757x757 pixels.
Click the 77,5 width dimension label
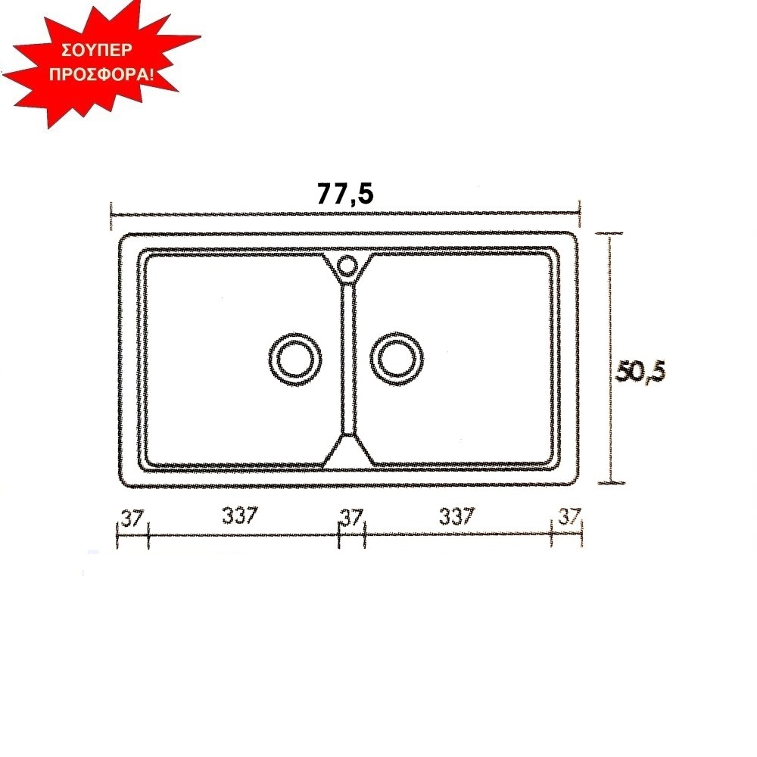click(345, 194)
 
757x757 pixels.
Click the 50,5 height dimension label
click(640, 372)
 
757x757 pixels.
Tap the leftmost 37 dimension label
click(132, 519)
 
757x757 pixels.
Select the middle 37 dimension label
click(351, 518)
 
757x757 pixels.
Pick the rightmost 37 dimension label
click(569, 516)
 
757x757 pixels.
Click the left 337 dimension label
click(240, 515)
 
